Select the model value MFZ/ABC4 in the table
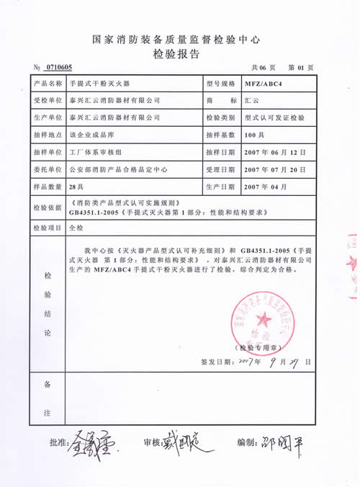click(x=263, y=84)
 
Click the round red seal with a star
click(x=261, y=318)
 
